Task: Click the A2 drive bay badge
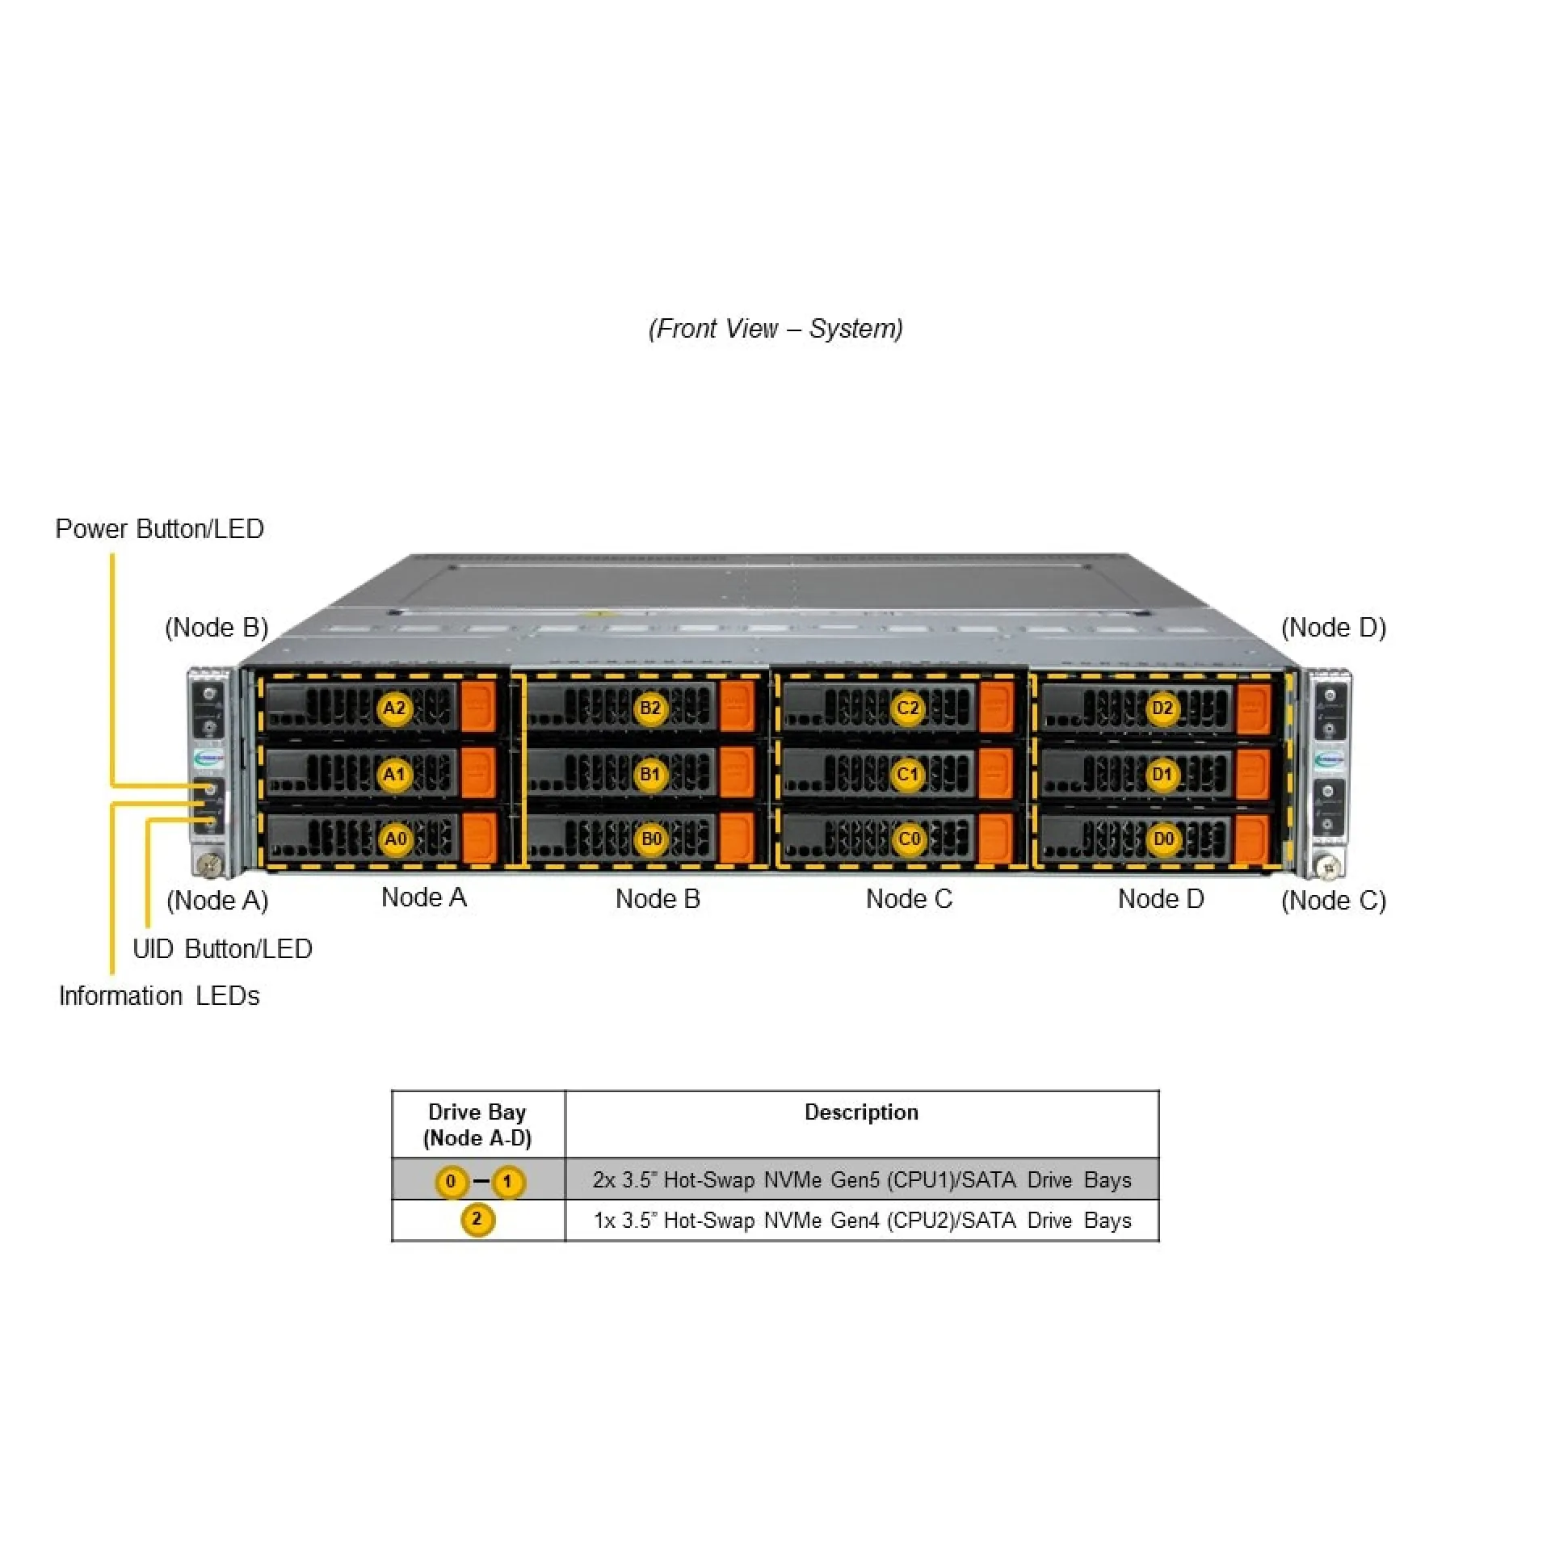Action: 394,708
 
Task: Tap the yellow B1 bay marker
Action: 650,774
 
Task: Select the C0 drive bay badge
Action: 909,839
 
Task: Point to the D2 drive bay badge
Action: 1162,708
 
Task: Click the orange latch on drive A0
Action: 479,837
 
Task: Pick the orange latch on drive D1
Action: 1253,773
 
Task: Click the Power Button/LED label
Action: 159,528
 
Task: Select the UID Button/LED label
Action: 222,948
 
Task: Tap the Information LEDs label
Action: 159,995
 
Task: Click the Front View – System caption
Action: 775,328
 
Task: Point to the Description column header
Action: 861,1112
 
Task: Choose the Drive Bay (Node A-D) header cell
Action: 477,1124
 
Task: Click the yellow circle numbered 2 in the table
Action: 477,1219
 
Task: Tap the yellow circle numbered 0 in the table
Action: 451,1181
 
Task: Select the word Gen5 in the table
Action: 855,1180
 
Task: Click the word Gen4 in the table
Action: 855,1220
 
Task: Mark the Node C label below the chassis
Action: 909,898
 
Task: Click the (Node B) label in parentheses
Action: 216,627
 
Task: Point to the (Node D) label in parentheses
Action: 1334,627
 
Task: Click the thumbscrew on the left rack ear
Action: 211,864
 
